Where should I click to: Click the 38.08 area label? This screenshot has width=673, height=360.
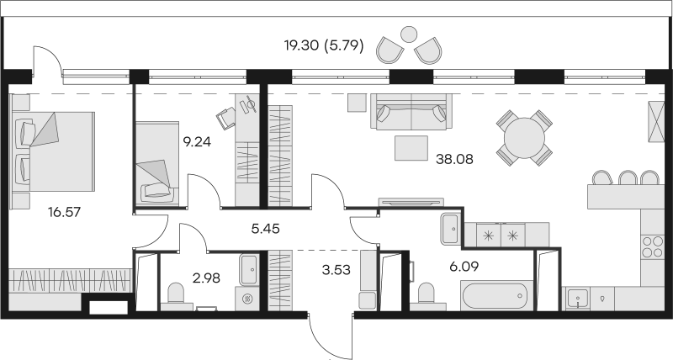[454, 159]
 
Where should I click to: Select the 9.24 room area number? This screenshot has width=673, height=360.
[197, 141]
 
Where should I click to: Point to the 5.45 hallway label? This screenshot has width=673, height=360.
[265, 229]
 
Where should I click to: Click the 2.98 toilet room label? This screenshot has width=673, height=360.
[206, 278]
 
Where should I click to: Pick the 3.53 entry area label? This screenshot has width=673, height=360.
[336, 270]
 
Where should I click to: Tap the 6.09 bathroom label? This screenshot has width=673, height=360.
[465, 267]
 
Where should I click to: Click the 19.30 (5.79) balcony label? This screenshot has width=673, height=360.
[324, 45]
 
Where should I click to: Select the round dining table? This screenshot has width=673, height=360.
[524, 138]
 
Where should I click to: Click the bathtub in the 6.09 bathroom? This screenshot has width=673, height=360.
[496, 295]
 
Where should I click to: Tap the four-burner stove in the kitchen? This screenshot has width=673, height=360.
[652, 247]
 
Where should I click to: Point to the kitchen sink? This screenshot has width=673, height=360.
[577, 298]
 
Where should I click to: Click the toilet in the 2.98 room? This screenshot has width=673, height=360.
[176, 294]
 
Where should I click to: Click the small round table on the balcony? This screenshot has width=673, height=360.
[409, 34]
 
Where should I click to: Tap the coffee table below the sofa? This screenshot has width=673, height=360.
[411, 148]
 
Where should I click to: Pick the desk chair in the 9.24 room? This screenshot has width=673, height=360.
[226, 117]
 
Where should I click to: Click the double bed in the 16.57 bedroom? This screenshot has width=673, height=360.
[53, 151]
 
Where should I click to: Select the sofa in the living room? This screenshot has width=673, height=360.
[411, 112]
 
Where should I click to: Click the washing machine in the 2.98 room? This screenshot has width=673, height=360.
[246, 299]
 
